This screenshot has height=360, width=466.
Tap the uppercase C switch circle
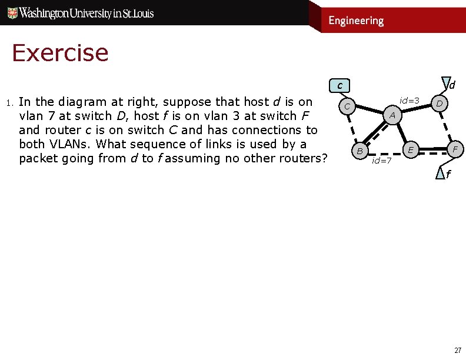(x=348, y=106)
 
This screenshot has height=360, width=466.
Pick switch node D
(x=439, y=104)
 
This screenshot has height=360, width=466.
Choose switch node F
(x=455, y=149)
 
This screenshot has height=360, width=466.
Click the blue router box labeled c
(x=339, y=86)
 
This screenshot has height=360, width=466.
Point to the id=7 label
(x=382, y=161)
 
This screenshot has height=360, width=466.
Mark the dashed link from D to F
(x=447, y=126)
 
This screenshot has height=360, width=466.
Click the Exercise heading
(x=60, y=54)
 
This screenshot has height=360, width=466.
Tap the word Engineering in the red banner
(x=356, y=21)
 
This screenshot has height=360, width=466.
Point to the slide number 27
(x=457, y=350)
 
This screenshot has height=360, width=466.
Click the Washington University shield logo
(x=11, y=13)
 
